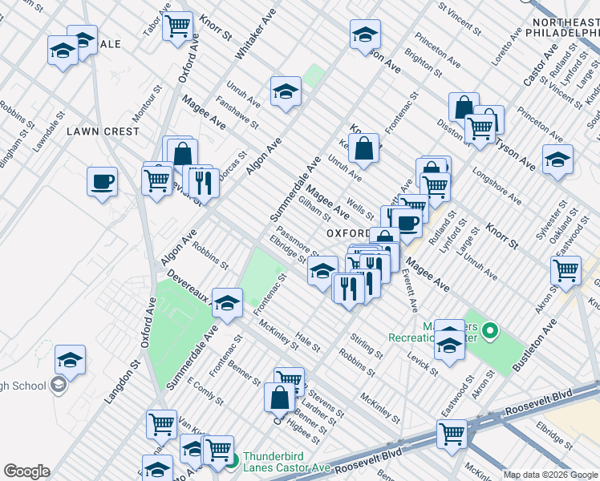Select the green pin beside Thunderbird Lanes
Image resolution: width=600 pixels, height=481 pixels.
(x=233, y=461)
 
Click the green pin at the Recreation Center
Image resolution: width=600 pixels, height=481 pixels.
(x=493, y=329)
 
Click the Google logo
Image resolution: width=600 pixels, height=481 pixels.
(x=26, y=471)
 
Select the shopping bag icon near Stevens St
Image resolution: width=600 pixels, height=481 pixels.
(x=280, y=398)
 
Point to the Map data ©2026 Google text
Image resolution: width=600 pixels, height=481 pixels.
(x=551, y=475)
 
